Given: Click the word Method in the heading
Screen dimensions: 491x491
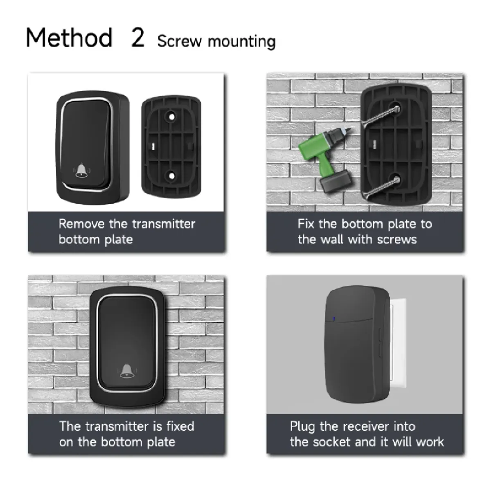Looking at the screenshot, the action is [69, 38].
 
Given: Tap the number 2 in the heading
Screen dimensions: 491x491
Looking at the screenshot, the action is [138, 38].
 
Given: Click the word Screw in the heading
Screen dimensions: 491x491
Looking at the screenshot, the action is [179, 41].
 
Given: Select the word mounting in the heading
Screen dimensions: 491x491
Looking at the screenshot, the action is [241, 42].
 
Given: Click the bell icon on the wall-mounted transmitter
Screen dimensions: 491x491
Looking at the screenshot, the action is [127, 371].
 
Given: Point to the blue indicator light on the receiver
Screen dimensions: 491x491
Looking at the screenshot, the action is [334, 318].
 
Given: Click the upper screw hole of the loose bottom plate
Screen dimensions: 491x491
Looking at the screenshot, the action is [172, 117].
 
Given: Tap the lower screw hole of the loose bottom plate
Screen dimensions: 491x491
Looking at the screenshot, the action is [172, 176].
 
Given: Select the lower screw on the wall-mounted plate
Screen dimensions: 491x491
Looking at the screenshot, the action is [381, 188].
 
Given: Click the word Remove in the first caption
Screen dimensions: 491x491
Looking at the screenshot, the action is [81, 224].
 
